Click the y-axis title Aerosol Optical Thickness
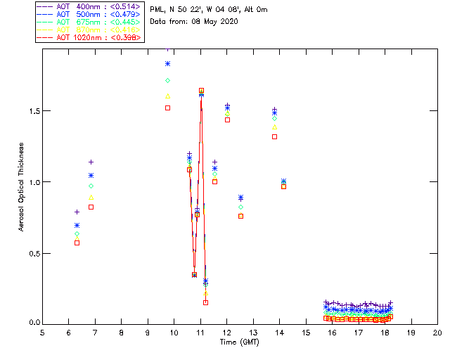22,181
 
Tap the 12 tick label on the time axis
227,333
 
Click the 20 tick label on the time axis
437,333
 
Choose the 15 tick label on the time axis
306,333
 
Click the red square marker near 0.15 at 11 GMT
205,302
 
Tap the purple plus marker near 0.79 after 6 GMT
77,212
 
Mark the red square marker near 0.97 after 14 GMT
283,186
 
